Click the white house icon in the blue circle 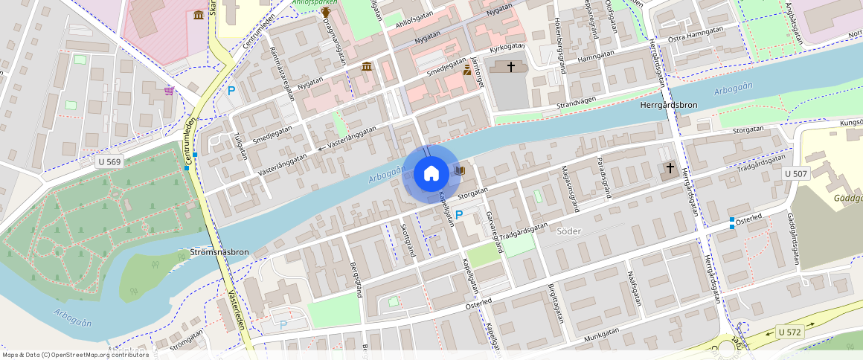pos(431,174)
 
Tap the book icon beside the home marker pos(460,171)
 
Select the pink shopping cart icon pos(170,91)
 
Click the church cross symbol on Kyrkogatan pos(511,67)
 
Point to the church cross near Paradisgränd pos(670,169)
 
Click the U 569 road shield pos(109,161)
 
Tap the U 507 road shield pos(795,173)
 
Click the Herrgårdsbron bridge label pos(668,106)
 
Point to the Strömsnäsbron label pos(219,252)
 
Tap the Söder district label pos(568,231)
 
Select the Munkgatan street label pos(603,337)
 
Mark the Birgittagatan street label pos(556,303)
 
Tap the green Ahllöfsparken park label pos(314,2)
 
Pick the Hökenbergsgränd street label pos(557,44)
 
